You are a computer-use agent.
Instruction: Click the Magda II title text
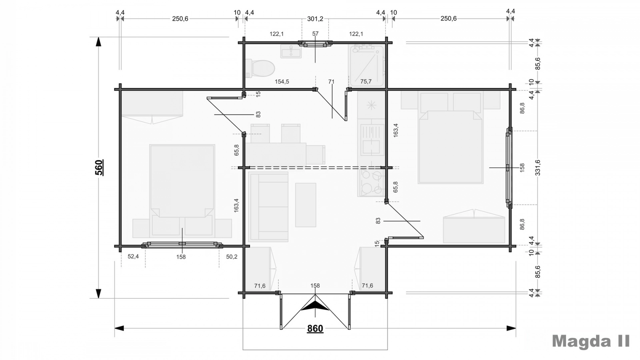tap(591, 341)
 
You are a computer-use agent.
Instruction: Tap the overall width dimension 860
tap(315, 328)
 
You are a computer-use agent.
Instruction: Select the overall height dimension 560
tap(99, 168)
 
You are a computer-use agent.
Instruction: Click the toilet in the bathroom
tap(260, 68)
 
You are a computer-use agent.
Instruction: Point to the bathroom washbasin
tap(291, 51)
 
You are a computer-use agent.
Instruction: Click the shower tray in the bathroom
tap(366, 66)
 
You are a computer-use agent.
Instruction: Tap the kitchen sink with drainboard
tap(372, 140)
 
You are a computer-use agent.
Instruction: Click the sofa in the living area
tap(268, 206)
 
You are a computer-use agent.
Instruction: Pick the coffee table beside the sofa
tap(306, 205)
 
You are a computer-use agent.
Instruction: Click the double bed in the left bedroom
tap(182, 191)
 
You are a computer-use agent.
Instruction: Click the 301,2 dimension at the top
tap(315, 19)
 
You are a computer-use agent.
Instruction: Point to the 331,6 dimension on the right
tap(538, 168)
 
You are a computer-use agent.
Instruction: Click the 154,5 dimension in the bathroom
tap(282, 82)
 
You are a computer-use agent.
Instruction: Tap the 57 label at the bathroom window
tap(315, 34)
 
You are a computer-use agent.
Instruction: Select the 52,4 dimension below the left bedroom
tap(133, 256)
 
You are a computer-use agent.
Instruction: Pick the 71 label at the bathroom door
tap(331, 82)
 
